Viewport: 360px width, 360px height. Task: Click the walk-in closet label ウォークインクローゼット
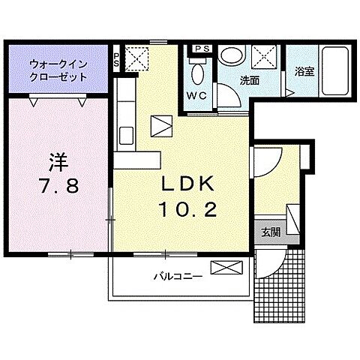coord(58,70)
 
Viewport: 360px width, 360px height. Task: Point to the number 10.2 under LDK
coord(187,210)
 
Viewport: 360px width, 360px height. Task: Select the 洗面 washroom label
coord(250,79)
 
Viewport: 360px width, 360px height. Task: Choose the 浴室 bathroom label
coord(304,73)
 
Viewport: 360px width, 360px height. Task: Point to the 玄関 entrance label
coord(271,232)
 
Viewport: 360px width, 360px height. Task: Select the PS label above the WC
coord(201,49)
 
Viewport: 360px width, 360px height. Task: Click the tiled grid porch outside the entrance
coord(283,289)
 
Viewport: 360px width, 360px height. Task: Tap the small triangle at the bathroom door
coord(287,92)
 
